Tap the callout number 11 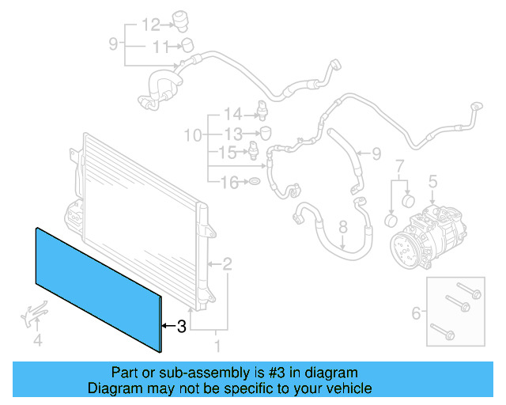[160, 47]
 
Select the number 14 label [231, 113]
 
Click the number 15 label [227, 151]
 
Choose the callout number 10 [193, 135]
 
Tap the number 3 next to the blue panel [181, 325]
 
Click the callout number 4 [36, 342]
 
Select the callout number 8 [343, 228]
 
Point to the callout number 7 [399, 165]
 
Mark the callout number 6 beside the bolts [416, 314]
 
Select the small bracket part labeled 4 [32, 316]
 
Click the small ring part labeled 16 [255, 184]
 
